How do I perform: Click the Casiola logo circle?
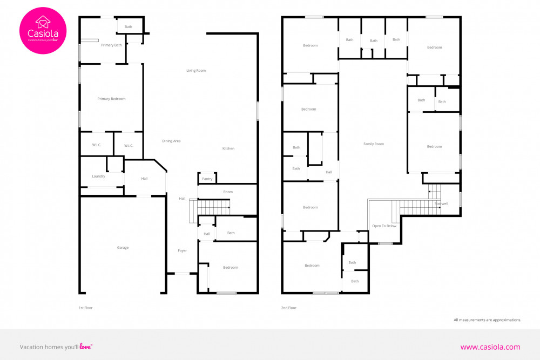point(43,31)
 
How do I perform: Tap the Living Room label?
point(196,71)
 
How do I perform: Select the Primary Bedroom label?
point(111,99)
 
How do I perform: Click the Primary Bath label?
point(111,45)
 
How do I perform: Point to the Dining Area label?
point(171,141)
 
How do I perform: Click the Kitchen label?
point(228,148)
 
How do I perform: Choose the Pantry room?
point(207,178)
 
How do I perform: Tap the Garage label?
point(123,247)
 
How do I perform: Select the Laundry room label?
point(98,176)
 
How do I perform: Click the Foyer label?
point(182,250)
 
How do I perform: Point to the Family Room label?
point(374,144)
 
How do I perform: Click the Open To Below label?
point(384,226)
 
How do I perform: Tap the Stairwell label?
point(441,203)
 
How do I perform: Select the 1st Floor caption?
point(86,308)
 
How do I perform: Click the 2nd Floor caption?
point(288,308)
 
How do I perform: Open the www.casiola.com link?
point(490,347)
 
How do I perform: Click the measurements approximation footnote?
point(487,320)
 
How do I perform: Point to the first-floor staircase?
point(210,208)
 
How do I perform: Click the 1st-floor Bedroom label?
point(231,267)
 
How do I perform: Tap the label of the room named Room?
point(228,192)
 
